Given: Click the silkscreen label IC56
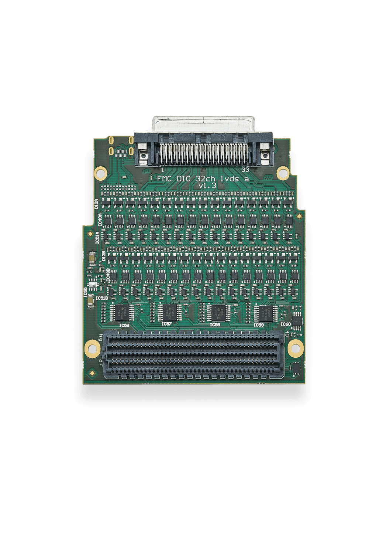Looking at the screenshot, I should [124, 325].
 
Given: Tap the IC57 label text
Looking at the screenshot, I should [167, 324].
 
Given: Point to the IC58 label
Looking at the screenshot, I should [215, 324].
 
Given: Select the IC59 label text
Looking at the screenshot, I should [259, 324].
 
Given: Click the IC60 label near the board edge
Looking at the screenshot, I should [286, 324].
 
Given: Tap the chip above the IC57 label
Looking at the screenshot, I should [168, 312].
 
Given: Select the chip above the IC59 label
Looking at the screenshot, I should [265, 313].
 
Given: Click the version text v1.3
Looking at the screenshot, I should [207, 186].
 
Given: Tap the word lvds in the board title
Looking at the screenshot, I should [230, 179].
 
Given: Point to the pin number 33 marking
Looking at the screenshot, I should [245, 170].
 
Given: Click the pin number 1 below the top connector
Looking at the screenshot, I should [163, 170].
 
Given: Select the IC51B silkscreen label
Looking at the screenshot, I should [102, 298].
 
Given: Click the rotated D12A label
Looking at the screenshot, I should [96, 204].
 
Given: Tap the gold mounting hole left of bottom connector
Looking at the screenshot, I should [92, 348].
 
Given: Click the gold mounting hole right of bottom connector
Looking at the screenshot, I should [295, 348].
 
